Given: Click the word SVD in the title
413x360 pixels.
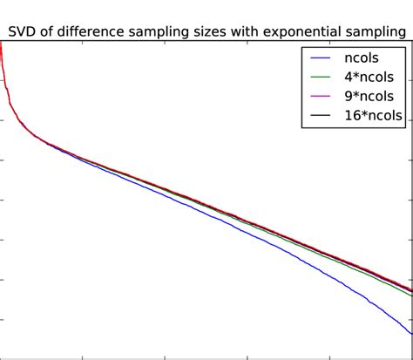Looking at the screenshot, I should coord(24,32).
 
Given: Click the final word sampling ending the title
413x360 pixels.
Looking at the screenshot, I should coord(378,32).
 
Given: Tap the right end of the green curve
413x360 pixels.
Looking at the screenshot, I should coord(411,296).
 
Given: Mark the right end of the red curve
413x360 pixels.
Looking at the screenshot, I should coord(411,290).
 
